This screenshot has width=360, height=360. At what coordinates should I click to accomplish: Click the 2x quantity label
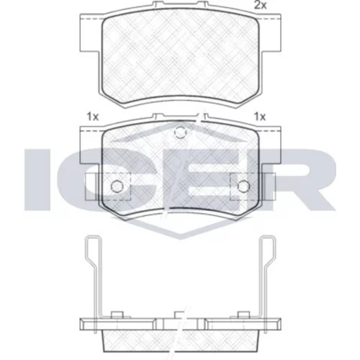261,5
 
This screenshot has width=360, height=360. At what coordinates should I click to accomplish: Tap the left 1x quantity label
93,117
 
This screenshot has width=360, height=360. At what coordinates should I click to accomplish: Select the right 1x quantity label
260,117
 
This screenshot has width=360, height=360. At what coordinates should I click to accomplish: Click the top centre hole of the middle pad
180,132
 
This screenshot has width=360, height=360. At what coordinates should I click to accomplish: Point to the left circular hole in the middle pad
117,186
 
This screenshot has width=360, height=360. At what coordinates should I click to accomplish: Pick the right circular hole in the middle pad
243,186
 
